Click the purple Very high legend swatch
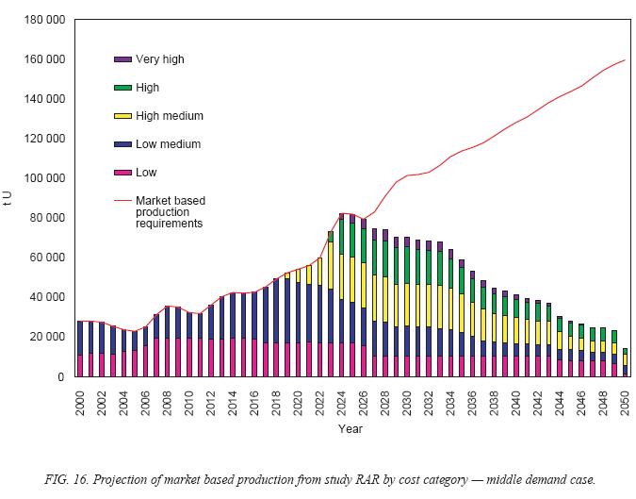coord(122,59)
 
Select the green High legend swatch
coord(122,88)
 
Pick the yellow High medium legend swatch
coord(122,116)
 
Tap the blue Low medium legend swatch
coord(122,144)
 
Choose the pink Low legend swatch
coord(122,173)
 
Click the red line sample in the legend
coord(122,200)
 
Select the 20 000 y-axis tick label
coord(46,337)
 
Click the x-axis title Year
coord(351,428)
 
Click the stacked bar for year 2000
coord(80,349)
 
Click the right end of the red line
coord(625,60)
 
